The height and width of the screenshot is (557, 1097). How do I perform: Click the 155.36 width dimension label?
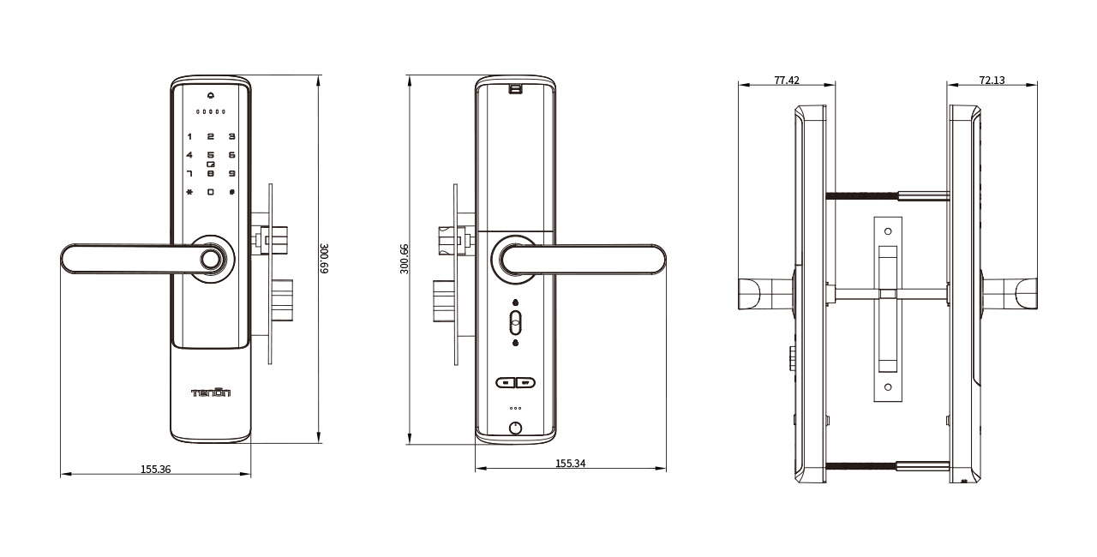155,469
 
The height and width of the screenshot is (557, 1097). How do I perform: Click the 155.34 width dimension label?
571,464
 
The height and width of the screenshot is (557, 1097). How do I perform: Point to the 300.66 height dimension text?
405,259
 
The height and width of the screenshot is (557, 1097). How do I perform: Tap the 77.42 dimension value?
786,80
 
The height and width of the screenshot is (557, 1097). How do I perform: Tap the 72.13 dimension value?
992,80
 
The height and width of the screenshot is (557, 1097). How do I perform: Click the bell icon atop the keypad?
210,94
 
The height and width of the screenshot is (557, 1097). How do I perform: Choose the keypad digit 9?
231,173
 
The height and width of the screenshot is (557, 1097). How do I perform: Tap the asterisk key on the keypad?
189,191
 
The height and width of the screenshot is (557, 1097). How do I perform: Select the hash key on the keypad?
231,191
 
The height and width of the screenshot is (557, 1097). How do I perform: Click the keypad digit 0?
210,191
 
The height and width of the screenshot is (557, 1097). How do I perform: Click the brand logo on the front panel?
210,392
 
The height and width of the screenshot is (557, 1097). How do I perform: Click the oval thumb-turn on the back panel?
515,323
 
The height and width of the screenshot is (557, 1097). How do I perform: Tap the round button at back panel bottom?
515,428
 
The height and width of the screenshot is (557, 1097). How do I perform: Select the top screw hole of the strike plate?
888,231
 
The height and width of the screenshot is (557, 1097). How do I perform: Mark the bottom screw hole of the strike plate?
888,387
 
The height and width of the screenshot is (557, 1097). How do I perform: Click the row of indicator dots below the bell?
210,111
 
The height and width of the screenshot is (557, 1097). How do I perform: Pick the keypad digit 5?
210,155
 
